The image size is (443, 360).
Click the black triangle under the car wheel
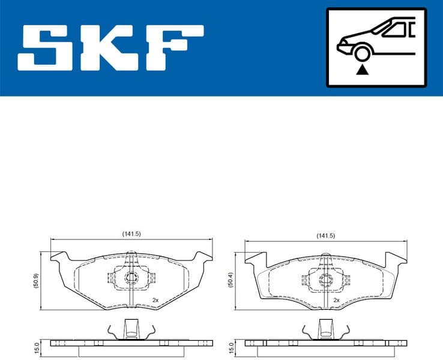361,71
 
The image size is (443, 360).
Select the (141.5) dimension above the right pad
325,236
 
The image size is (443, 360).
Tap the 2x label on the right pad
336,299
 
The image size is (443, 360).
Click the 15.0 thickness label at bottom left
37,348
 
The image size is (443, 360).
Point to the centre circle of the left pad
131,278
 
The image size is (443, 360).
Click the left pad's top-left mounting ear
59,256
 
